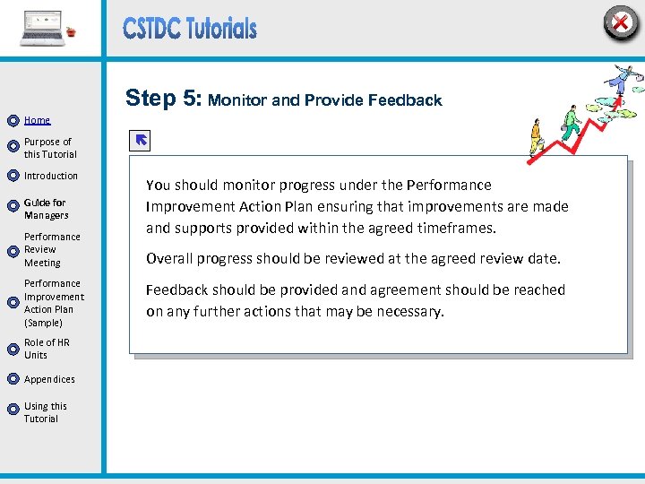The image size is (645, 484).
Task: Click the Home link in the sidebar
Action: [x=38, y=120]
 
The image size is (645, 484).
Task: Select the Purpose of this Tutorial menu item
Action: [x=48, y=148]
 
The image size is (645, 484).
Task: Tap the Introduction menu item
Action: [x=51, y=176]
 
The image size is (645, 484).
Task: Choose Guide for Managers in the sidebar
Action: [x=46, y=209]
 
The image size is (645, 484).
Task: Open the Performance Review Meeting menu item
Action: [x=52, y=250]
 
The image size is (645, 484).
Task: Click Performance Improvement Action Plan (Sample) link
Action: [x=54, y=303]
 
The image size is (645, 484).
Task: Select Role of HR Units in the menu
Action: [x=47, y=349]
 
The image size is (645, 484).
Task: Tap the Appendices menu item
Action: [x=49, y=379]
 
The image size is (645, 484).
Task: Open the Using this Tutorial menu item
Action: [x=45, y=412]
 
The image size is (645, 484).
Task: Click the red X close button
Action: [x=620, y=23]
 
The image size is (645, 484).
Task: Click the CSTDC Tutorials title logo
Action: [x=190, y=29]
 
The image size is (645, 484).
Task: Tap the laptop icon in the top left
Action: [x=43, y=29]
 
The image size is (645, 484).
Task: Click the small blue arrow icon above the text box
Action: [x=141, y=140]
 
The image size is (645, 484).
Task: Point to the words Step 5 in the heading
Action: [x=164, y=99]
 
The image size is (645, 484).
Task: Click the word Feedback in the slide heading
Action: [x=408, y=100]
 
